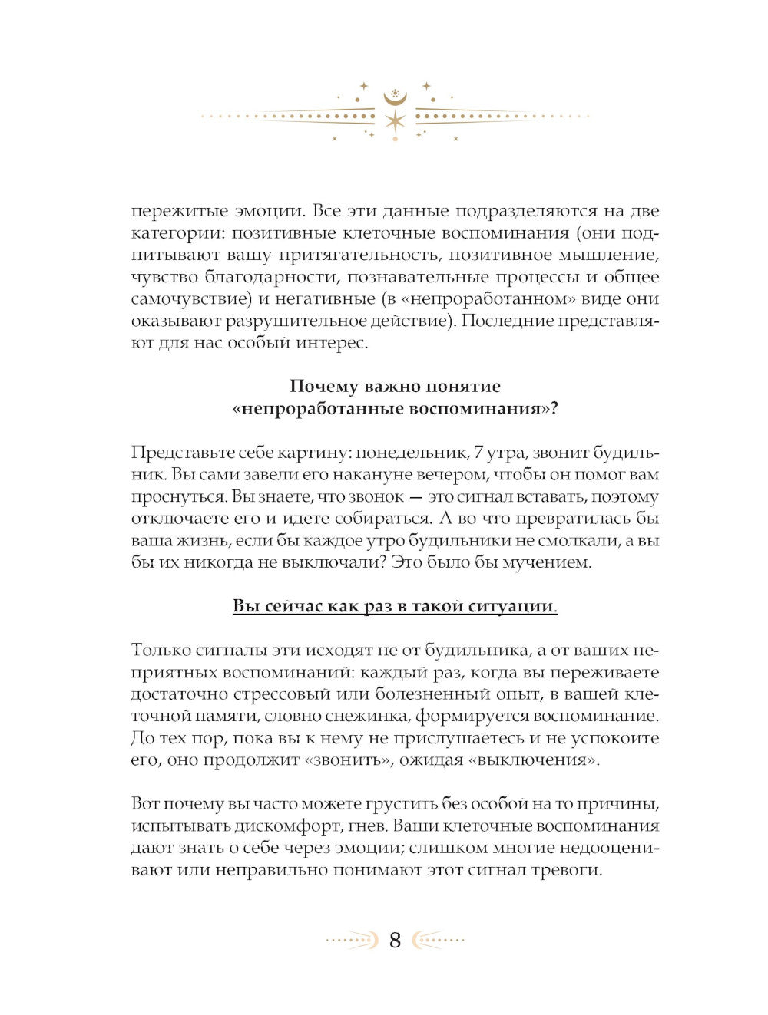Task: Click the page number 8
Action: point(395,940)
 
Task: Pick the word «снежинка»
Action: point(366,717)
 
